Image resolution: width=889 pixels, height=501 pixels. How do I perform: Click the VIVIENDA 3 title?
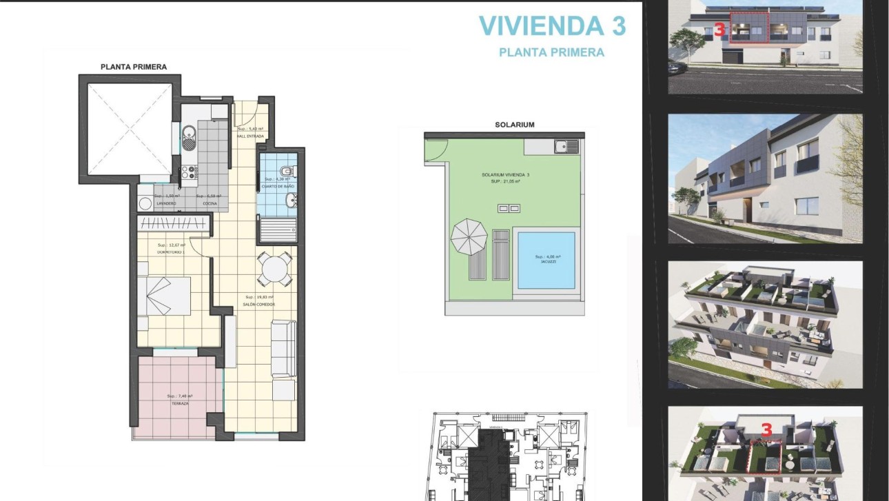552,25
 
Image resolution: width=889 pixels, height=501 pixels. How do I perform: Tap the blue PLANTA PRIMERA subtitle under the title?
551,52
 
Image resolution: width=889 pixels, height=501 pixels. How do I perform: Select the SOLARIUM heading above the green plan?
514,125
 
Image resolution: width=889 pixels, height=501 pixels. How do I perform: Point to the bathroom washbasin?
292,201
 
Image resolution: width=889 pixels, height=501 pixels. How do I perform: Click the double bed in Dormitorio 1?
163,296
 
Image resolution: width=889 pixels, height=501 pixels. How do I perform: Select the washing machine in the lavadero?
145,204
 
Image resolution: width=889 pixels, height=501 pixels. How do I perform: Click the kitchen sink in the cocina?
188,133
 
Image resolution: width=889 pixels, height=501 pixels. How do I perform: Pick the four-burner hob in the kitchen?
188,174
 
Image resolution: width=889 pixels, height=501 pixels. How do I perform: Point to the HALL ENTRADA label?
250,136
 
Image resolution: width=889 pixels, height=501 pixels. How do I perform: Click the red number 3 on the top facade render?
719,30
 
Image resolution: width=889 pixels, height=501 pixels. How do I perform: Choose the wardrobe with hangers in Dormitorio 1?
172,223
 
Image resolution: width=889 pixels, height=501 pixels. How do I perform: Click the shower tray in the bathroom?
278,228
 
